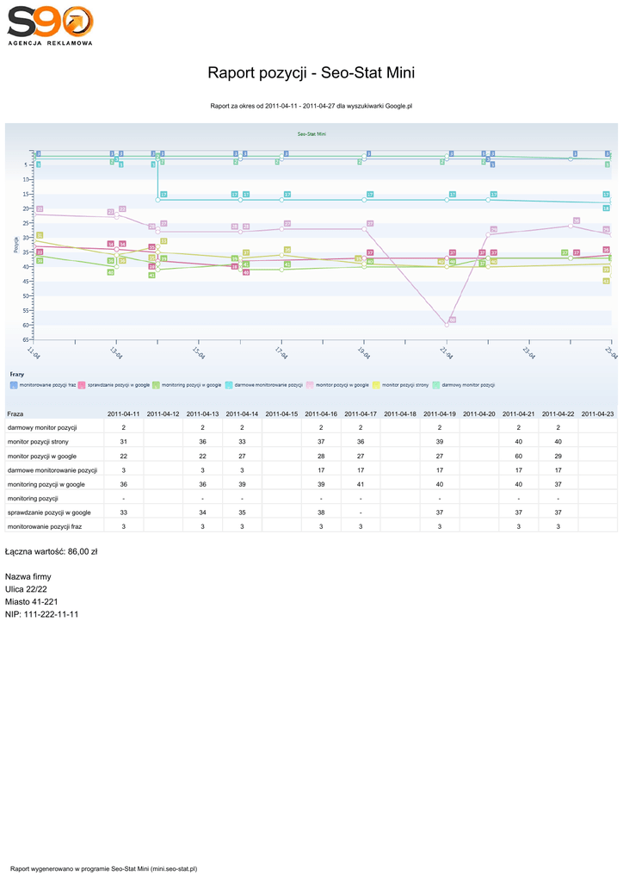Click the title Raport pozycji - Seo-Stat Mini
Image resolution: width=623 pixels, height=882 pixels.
311,72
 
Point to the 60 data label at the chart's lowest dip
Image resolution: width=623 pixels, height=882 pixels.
452,320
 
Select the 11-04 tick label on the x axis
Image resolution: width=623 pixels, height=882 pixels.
34,353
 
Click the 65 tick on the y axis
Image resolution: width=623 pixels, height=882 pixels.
27,339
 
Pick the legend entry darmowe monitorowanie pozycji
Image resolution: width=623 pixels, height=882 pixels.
268,385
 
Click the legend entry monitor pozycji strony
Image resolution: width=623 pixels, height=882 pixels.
404,385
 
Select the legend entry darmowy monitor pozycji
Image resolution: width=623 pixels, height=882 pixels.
468,385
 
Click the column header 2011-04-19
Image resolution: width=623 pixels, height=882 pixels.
439,414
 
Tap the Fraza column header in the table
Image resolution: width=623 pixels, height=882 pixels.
15,414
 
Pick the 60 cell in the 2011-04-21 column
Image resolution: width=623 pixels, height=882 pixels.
518,456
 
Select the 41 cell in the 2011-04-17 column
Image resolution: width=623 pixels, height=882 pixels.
361,484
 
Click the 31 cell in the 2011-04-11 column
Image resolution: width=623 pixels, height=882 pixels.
124,442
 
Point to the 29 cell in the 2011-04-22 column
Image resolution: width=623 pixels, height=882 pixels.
558,456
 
